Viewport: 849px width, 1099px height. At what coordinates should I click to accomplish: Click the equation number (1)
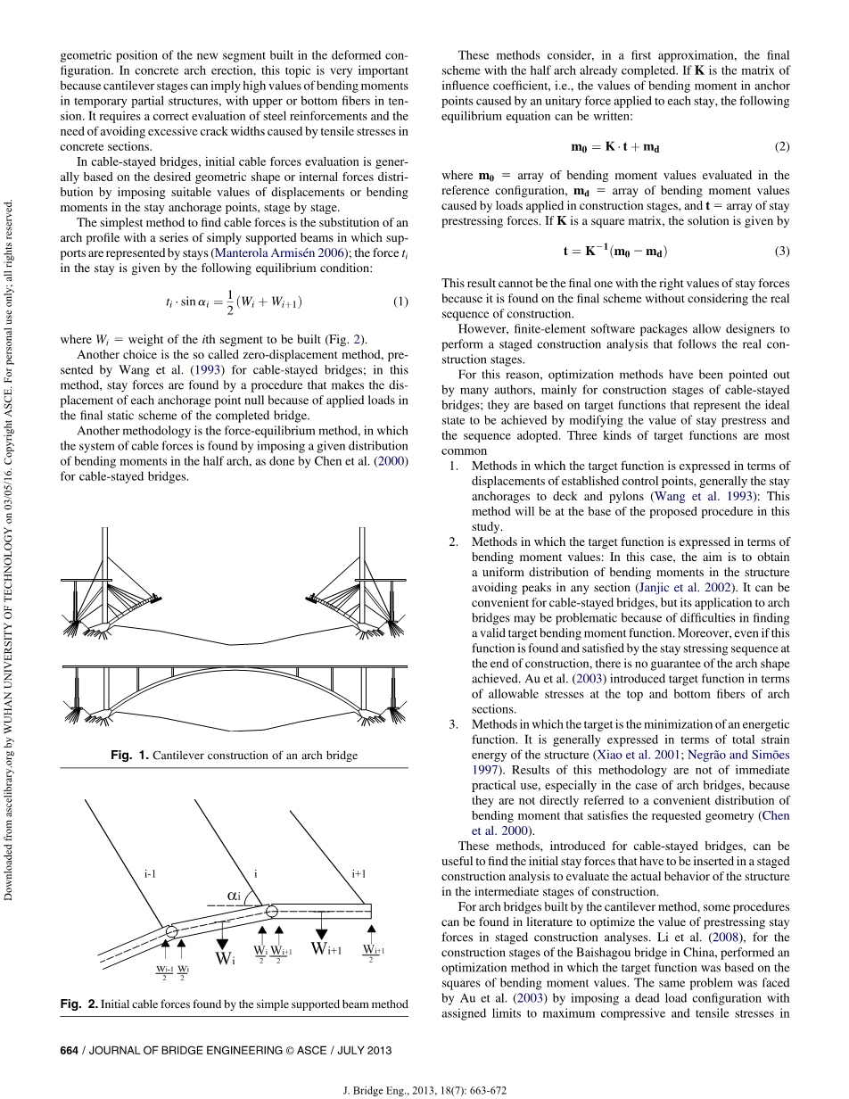(400, 302)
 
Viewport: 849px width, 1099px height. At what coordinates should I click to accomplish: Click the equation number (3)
(782, 251)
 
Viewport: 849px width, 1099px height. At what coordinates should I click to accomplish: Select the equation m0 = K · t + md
(614, 146)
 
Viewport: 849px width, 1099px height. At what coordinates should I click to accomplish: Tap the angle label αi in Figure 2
(234, 895)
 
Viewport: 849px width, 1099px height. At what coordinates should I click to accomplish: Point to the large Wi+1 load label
(326, 949)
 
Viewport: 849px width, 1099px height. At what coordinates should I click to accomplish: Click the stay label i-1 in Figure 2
(151, 874)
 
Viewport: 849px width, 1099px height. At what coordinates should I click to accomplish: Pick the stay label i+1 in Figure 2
(359, 874)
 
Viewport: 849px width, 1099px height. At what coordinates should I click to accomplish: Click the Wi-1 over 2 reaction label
(164, 971)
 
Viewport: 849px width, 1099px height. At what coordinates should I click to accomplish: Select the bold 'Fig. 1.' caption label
(129, 756)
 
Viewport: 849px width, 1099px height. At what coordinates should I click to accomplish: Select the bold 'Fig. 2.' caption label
(79, 1004)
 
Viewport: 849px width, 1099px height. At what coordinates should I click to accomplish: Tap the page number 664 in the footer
(69, 1050)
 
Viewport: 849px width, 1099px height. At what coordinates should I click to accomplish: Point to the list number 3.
(453, 723)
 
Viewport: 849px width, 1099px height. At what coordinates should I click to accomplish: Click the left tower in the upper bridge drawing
(106, 571)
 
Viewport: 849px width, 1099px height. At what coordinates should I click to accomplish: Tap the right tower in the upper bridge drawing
(361, 571)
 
